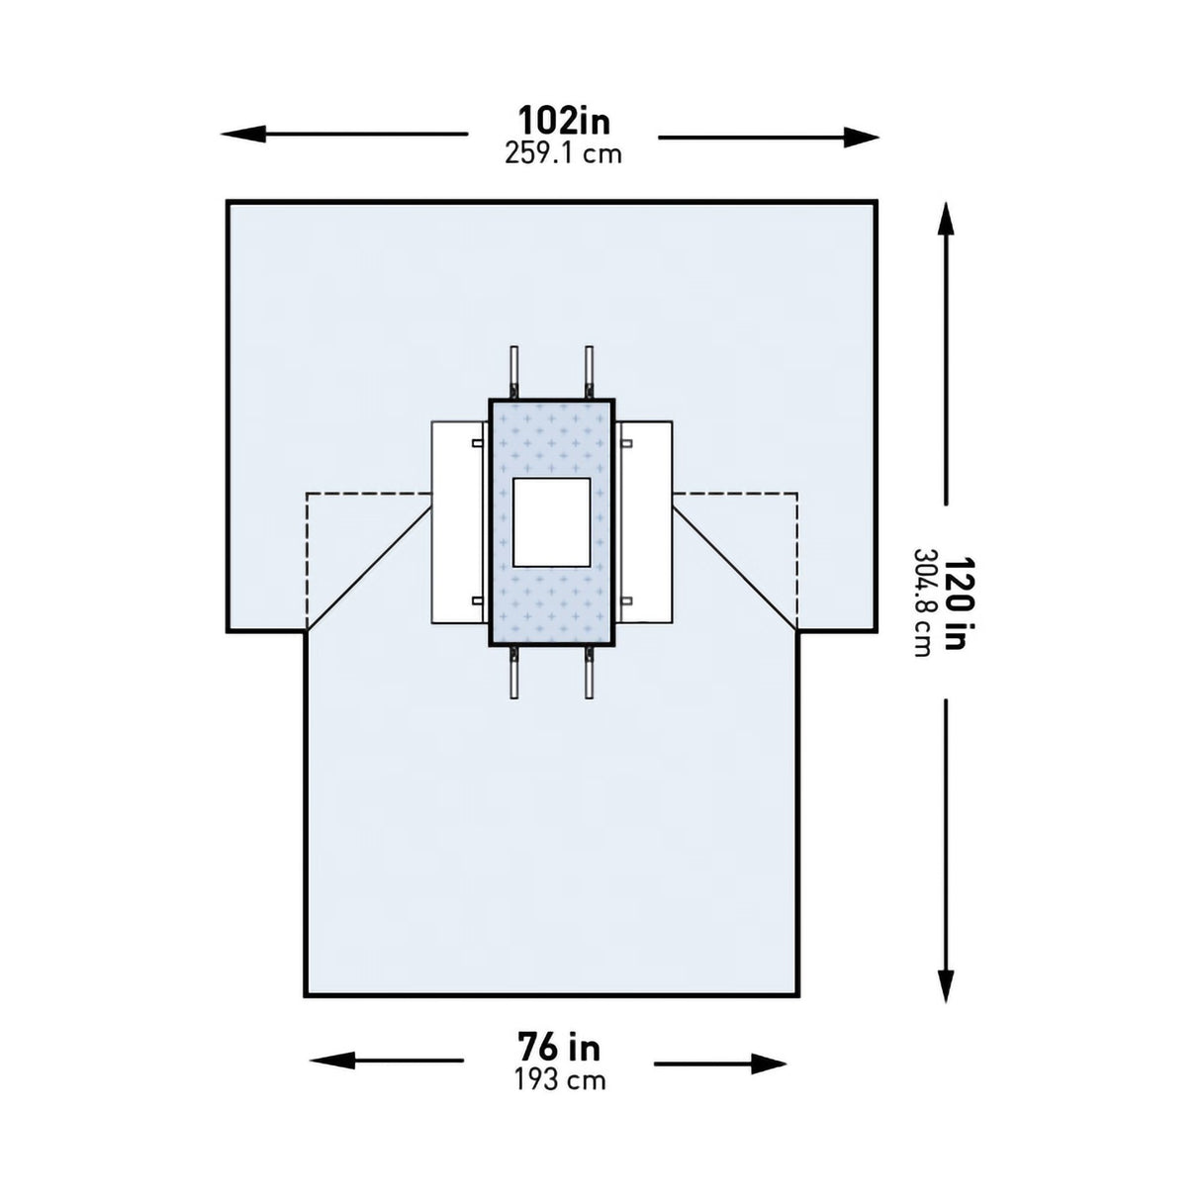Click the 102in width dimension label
tap(564, 121)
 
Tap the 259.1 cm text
tap(564, 153)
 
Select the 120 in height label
tap(953, 601)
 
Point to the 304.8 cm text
tap(922, 601)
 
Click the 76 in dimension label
tap(559, 1046)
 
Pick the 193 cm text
tap(559, 1078)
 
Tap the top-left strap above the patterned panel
tap(513, 372)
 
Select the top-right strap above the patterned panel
tap(590, 372)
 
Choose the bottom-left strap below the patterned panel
tap(513, 674)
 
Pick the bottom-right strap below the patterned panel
tap(590, 674)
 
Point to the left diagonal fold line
tap(369, 568)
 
